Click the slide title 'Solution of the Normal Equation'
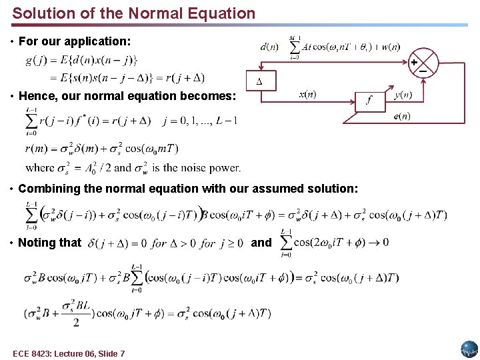(134, 13)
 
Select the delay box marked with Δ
(259, 81)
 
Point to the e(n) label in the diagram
(402, 116)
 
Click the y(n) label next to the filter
(403, 95)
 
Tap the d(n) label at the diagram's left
(270, 47)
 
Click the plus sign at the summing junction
(414, 62)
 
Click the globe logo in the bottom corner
(469, 349)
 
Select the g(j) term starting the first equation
(36, 61)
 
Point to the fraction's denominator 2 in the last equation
(75, 323)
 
